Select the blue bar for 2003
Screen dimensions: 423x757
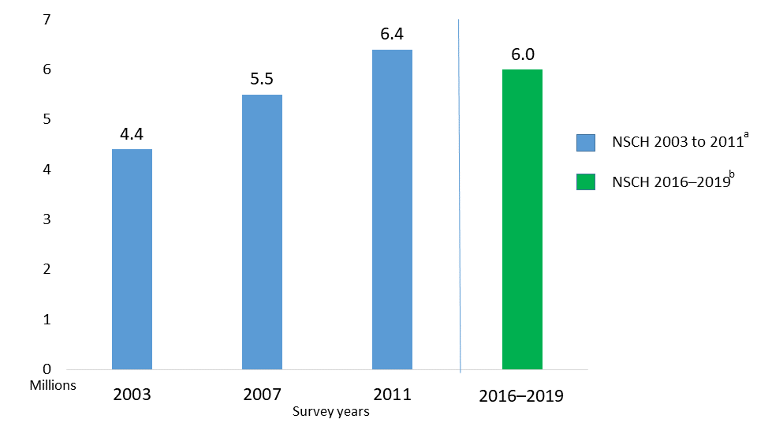(132, 259)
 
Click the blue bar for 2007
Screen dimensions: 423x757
(262, 232)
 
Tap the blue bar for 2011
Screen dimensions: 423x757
(392, 209)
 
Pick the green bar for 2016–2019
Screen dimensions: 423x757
(522, 219)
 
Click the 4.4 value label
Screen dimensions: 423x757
(132, 134)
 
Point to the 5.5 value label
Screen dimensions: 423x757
(262, 80)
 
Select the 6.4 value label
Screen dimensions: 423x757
(392, 35)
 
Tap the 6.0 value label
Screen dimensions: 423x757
(522, 54)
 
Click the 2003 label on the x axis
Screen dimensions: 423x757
(132, 394)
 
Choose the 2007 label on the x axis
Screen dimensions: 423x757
(262, 394)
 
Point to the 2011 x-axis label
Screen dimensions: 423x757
(392, 394)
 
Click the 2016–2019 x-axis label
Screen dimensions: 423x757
(521, 395)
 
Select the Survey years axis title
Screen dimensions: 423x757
(330, 411)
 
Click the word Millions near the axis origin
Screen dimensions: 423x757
(53, 385)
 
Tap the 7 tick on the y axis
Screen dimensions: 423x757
(46, 20)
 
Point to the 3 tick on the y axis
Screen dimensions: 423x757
(46, 219)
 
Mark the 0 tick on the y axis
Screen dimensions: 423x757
(46, 369)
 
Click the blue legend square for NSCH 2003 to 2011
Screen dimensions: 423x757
(586, 142)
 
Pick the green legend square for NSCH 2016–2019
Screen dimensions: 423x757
(586, 182)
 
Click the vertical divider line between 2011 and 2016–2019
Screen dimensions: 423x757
(460, 197)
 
